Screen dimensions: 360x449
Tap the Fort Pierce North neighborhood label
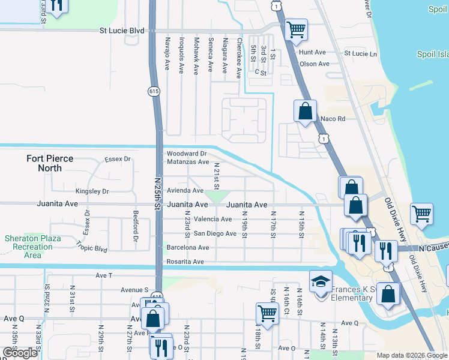point(50,163)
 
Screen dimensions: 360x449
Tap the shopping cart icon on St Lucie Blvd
point(296,29)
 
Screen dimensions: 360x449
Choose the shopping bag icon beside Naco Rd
point(305,111)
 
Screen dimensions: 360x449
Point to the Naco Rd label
point(333,119)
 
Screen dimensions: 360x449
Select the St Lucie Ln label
point(360,53)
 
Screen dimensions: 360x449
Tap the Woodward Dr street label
point(187,154)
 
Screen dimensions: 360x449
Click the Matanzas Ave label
point(187,162)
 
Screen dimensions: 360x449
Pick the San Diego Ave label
point(214,233)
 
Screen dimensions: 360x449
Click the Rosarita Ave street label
point(185,262)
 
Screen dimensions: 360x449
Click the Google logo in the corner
point(20,353)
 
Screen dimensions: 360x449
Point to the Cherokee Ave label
point(239,58)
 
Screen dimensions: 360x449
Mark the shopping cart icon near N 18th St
point(267,312)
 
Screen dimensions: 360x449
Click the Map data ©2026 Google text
point(411,355)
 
